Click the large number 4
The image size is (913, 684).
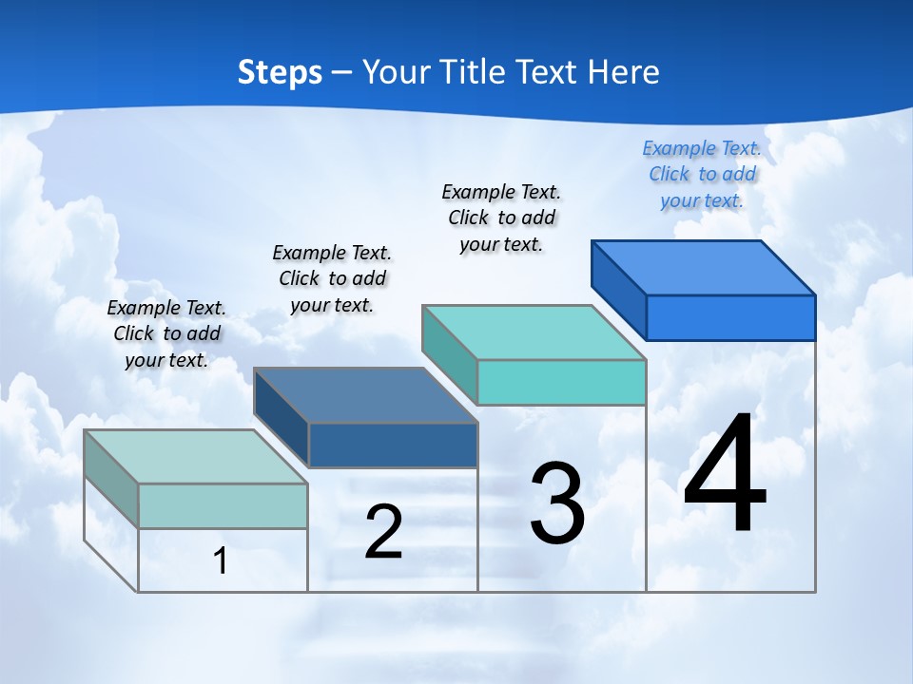click(x=725, y=475)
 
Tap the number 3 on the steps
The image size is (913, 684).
click(x=557, y=503)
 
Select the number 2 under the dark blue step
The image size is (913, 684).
click(x=384, y=532)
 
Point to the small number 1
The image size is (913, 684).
click(x=221, y=560)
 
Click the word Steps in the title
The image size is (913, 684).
click(x=280, y=72)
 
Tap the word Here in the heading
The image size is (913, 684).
click(x=624, y=72)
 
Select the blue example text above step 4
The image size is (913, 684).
click(x=702, y=174)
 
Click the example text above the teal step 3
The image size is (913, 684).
click(x=501, y=218)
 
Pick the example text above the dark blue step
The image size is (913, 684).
click(x=332, y=278)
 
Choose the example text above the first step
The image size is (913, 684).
click(x=166, y=333)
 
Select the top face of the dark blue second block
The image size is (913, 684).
click(x=365, y=395)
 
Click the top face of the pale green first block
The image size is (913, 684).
click(x=196, y=457)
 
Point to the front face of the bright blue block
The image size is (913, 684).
click(x=730, y=317)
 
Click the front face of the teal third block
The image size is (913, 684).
click(x=561, y=382)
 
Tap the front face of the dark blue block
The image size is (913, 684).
click(x=392, y=445)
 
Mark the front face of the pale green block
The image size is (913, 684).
click(x=223, y=505)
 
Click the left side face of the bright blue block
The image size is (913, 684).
click(x=619, y=290)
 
